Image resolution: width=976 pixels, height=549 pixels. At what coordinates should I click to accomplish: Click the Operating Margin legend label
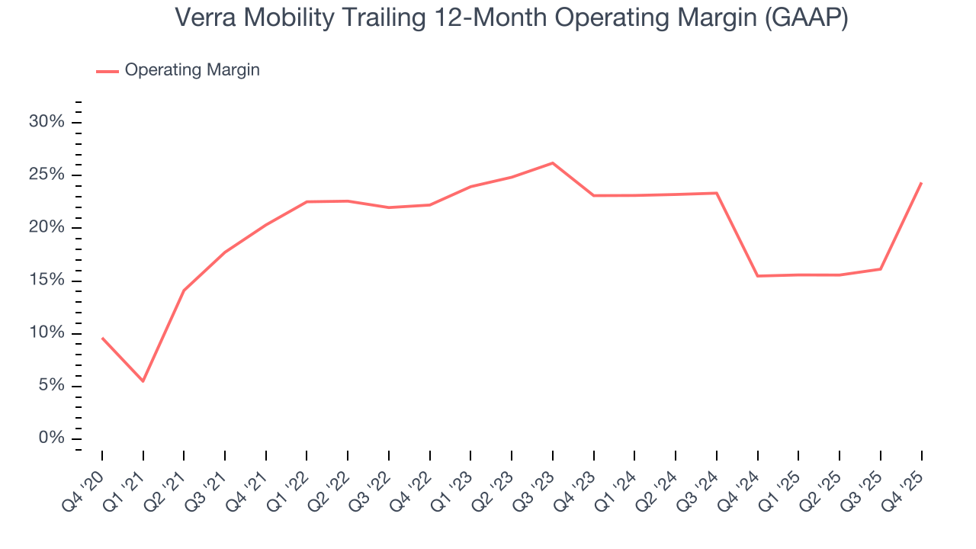(192, 70)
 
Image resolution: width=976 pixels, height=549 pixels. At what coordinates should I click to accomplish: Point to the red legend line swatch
(108, 71)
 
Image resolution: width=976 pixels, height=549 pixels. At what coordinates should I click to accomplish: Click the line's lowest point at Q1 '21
(143, 381)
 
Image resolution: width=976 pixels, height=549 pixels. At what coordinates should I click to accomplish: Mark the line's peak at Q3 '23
(553, 162)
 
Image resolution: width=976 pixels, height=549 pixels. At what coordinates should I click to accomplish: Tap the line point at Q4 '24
(758, 276)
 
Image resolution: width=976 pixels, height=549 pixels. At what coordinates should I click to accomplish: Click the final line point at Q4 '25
(921, 183)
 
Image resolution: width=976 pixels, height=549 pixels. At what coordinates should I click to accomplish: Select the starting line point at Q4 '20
(102, 338)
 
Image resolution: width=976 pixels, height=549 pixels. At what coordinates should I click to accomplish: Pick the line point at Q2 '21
(184, 291)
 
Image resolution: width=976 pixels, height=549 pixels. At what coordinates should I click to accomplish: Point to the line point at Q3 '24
(717, 193)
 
